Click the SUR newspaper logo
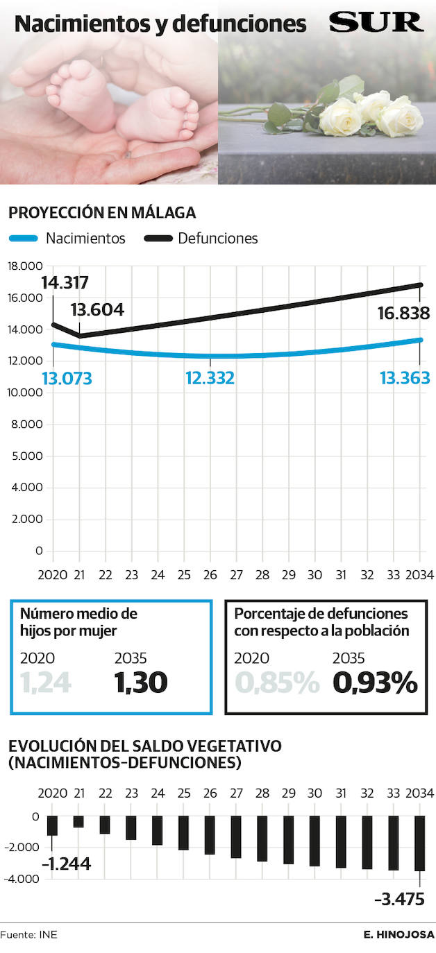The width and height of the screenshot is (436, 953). [x=376, y=22]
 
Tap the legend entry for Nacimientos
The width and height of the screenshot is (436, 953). [x=67, y=239]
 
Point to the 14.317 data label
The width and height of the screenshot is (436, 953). [x=65, y=283]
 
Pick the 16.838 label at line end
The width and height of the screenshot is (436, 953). [x=403, y=313]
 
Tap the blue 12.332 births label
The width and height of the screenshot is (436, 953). [x=210, y=378]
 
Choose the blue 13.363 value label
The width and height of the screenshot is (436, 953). [x=404, y=378]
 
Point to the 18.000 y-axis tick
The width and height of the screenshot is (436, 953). [x=25, y=266]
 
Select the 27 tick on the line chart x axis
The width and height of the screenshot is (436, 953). [x=236, y=575]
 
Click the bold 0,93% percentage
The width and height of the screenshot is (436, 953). [x=375, y=682]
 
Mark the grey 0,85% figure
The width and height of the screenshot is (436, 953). [x=277, y=682]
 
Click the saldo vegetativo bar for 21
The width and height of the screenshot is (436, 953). [x=78, y=822]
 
